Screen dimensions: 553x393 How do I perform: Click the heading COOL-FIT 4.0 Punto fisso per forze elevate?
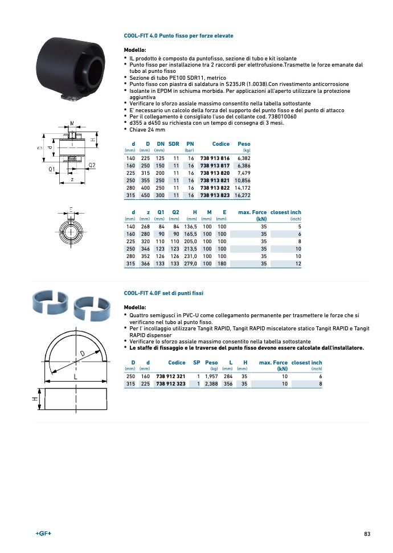point(178,36)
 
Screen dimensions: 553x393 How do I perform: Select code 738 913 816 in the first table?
point(215,158)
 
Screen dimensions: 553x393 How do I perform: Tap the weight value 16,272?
point(242,195)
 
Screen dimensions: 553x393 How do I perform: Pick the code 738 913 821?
point(215,180)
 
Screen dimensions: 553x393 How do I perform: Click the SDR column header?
point(174,144)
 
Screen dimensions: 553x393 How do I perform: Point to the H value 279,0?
point(190,264)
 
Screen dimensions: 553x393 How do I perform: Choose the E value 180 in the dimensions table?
point(222,264)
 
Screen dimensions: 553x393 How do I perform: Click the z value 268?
point(145,227)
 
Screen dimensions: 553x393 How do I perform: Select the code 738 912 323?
point(171,384)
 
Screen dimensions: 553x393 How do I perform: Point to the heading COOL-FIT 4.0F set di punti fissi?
point(163,293)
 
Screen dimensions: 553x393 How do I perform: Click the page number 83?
point(367,534)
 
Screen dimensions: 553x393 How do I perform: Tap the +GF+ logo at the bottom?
point(43,534)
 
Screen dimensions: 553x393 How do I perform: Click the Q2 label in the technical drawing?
point(92,165)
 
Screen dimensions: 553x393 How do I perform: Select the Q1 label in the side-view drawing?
point(51,169)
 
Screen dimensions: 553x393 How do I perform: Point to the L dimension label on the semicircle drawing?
point(75,377)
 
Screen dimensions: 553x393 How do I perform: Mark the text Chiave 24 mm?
point(148,130)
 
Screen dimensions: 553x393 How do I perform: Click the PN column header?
point(190,144)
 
